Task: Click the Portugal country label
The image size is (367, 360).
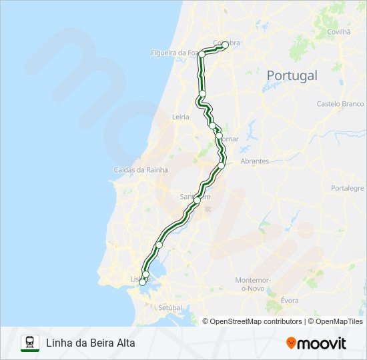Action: tap(292, 75)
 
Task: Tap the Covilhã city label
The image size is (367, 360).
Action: tap(339, 31)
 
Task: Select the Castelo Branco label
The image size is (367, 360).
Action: tap(340, 104)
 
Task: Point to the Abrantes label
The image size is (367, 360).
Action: tap(254, 161)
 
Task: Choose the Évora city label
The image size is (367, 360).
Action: tap(289, 301)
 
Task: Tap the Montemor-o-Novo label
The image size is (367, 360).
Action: tap(252, 284)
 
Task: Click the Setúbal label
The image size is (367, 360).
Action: tap(170, 307)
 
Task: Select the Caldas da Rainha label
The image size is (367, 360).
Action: tap(141, 170)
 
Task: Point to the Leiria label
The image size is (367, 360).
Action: tap(181, 117)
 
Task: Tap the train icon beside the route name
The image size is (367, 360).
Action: tap(29, 343)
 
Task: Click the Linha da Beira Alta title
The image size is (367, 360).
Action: tap(90, 343)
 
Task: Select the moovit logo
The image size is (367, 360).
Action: tap(316, 343)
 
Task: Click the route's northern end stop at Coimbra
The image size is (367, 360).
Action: tap(225, 45)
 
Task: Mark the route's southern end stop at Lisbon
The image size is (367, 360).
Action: tap(141, 283)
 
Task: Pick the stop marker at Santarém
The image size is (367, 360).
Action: tap(197, 200)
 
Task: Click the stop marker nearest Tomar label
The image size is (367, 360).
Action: tap(219, 135)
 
